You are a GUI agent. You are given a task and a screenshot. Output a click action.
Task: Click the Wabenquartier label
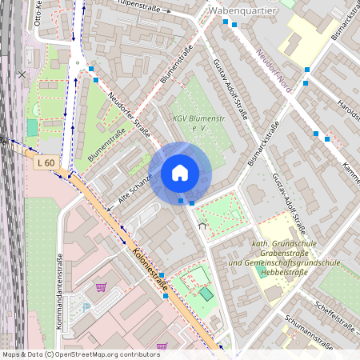coord(242,11)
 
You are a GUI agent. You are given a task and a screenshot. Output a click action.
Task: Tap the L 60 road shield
coord(46,163)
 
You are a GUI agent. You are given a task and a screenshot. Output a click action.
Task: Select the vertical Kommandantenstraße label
coord(60,292)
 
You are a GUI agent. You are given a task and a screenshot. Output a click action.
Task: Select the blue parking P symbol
coord(86,306)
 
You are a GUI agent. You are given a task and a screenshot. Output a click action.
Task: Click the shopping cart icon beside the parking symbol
coord(101,288)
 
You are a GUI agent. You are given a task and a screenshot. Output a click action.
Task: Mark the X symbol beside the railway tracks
coord(22,74)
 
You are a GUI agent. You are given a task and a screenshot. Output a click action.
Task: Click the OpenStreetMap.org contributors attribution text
coord(104,354)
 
